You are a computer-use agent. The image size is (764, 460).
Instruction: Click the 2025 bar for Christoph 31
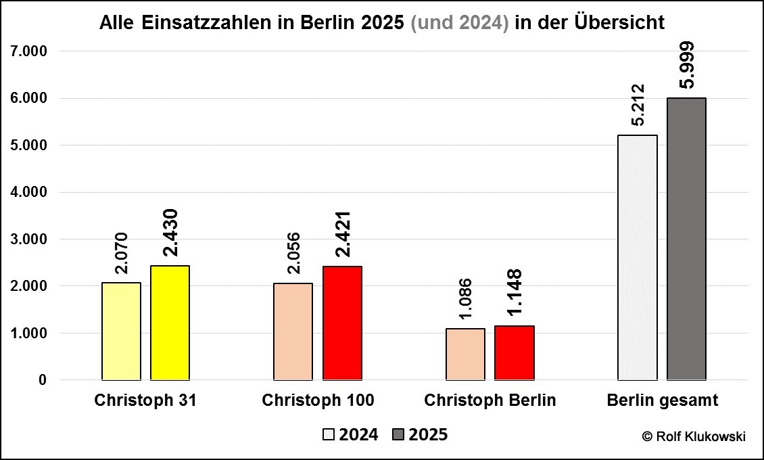tap(170, 323)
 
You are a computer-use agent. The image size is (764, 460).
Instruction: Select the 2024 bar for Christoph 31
tap(121, 331)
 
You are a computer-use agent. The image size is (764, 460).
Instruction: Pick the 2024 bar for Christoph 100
tap(293, 331)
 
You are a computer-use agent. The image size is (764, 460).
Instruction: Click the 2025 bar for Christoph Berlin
tap(515, 353)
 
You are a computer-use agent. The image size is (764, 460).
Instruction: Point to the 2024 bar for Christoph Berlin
tap(466, 354)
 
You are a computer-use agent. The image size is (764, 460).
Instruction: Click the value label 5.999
tap(687, 65)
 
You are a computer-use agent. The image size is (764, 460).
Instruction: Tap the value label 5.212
tap(638, 106)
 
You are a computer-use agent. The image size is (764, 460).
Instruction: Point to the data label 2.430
tap(170, 233)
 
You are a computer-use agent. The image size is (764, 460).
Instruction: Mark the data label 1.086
tap(466, 300)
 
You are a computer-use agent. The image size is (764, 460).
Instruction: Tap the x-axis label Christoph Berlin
tap(490, 400)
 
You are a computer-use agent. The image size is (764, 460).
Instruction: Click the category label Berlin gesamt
tap(663, 400)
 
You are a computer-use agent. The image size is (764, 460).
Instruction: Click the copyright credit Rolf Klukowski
tap(694, 436)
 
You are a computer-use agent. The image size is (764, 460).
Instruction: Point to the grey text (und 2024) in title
tap(460, 22)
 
